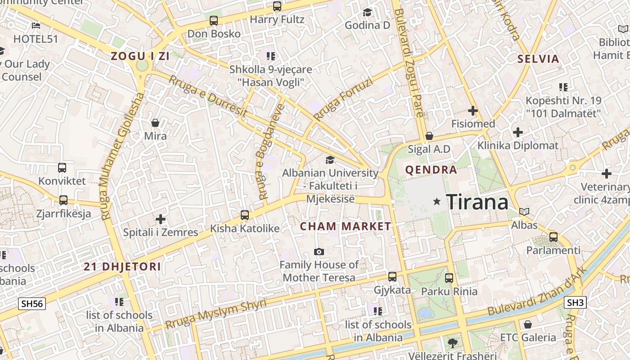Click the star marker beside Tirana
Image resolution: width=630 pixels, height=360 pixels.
coord(436,202)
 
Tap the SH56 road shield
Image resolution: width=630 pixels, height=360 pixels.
coord(32,304)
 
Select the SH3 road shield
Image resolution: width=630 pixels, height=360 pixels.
coord(576,302)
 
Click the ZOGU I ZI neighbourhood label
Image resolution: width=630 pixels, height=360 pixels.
coord(140,56)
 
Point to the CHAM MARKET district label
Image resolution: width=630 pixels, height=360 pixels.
coord(346,226)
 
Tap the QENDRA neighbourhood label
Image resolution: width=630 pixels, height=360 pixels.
coord(431,170)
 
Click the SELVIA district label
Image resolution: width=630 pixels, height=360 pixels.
coord(538,59)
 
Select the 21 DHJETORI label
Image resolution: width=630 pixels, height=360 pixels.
coord(122,266)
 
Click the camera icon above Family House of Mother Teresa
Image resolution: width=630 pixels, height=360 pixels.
coord(319,252)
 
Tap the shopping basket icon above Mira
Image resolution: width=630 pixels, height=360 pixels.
coord(155,123)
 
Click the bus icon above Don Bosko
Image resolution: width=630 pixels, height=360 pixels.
coord(214,21)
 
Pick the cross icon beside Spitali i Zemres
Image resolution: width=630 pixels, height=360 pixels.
coord(161,219)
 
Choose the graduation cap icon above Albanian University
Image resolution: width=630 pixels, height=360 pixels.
coord(330,160)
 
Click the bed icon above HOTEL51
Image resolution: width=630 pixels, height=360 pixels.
coord(36,26)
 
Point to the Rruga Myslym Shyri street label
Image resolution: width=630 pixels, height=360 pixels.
coord(216,314)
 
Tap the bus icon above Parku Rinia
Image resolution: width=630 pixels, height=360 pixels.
coord(449,278)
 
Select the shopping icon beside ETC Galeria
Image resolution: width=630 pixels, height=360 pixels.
coord(528,324)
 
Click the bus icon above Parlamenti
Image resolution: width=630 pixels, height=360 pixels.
coord(553,237)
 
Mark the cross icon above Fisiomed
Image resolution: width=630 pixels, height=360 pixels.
coord(473,110)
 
